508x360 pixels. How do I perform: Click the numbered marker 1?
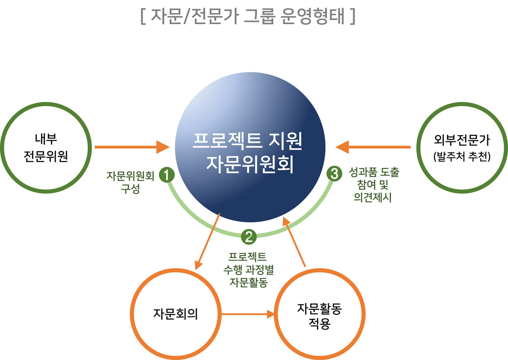[167, 175]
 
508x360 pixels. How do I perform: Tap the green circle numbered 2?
[249, 237]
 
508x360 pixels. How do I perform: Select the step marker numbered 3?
[334, 174]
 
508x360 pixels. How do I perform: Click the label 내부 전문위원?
[46, 148]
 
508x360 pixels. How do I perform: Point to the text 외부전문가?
[462, 140]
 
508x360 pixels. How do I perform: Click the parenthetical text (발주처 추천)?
[462, 157]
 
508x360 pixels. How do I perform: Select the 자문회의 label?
[176, 314]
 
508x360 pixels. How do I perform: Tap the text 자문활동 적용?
[320, 316]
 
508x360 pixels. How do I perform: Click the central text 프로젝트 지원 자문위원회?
[248, 153]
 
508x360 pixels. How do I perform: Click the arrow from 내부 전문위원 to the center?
[132, 147]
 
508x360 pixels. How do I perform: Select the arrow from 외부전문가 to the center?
[373, 147]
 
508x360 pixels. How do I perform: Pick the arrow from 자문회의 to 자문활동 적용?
[248, 314]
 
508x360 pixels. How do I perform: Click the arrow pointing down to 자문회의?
[207, 242]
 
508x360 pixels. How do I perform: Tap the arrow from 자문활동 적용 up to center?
[294, 242]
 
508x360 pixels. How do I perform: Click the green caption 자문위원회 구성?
[130, 182]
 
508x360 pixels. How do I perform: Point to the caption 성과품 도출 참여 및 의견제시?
[374, 184]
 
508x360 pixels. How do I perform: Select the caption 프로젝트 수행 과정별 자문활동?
[248, 269]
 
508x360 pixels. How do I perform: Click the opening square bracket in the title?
[143, 16]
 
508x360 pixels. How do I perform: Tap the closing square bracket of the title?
[352, 16]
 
